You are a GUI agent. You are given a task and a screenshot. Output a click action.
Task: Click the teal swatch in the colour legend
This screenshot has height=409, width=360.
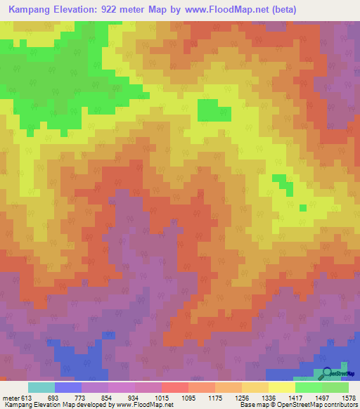coord(41,387)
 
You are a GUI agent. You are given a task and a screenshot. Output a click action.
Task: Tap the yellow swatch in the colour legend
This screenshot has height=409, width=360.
coord(281,387)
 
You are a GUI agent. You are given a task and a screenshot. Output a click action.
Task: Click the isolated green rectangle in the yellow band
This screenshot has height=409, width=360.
coord(214,110)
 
